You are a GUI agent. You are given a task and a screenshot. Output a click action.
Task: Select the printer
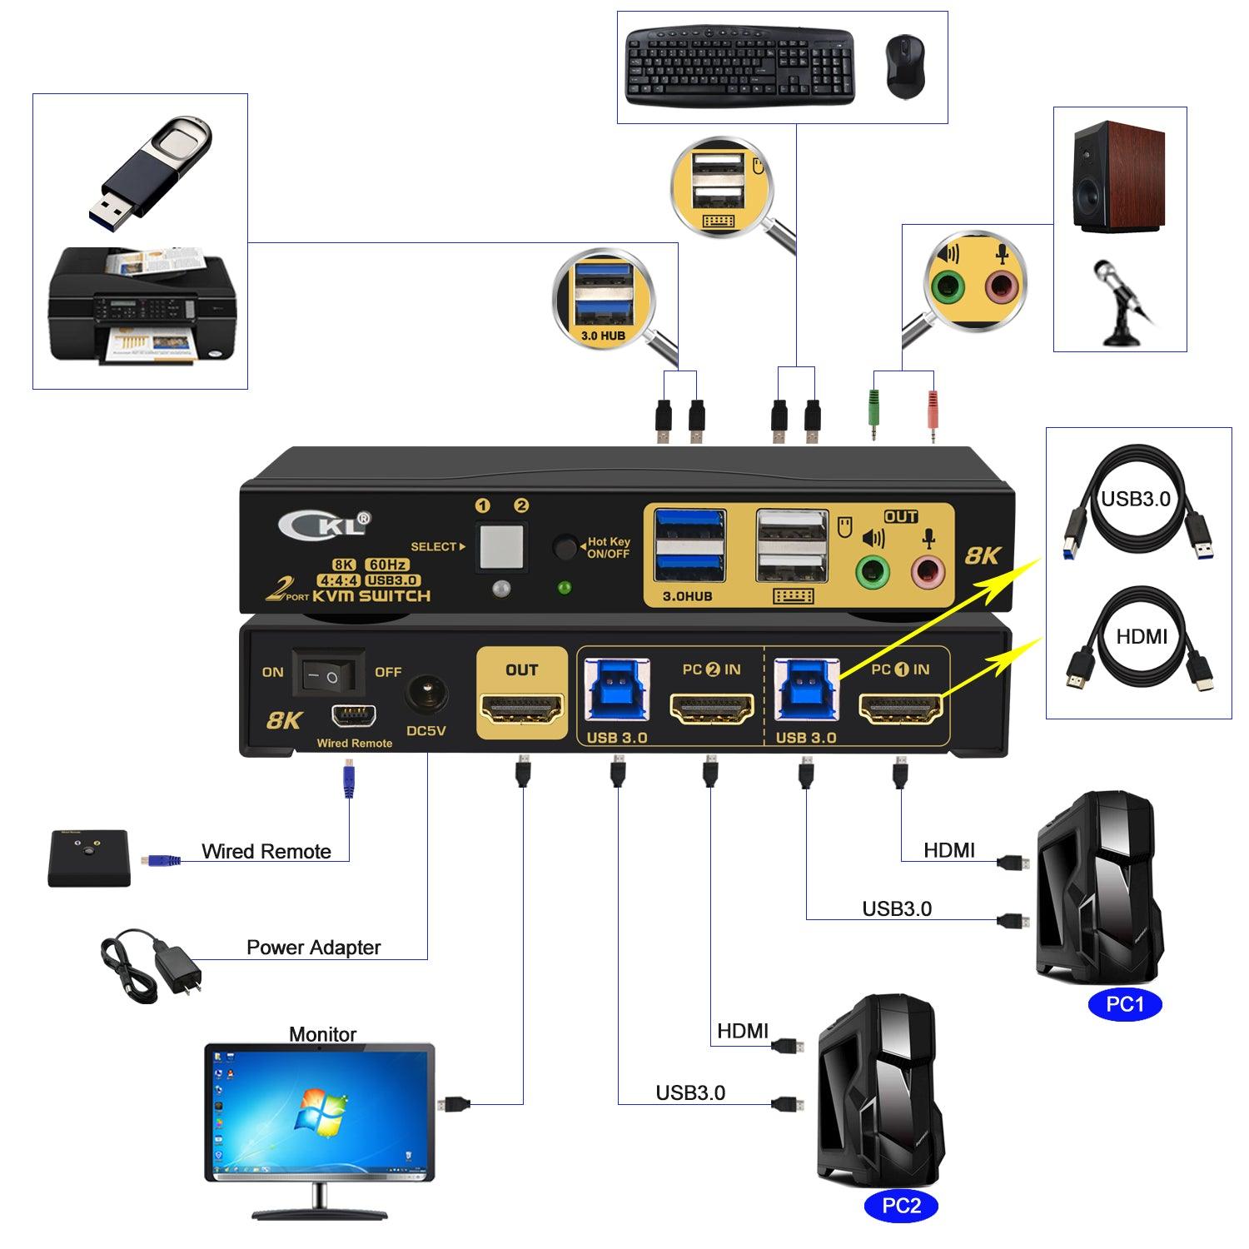(141, 308)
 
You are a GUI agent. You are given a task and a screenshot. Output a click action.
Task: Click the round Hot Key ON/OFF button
(566, 548)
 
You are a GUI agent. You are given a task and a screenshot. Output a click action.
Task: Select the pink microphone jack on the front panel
(928, 572)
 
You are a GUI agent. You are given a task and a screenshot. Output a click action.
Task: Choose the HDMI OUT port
(521, 709)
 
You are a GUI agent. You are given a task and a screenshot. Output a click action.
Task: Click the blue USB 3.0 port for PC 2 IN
(617, 689)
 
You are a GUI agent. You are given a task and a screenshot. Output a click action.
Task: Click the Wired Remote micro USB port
(355, 715)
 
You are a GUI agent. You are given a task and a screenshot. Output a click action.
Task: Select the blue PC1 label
(1125, 1004)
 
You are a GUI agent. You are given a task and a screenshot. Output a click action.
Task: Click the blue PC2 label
(901, 1206)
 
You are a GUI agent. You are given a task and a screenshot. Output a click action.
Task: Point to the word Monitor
(322, 1034)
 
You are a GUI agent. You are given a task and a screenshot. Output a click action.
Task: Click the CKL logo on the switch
(325, 525)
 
